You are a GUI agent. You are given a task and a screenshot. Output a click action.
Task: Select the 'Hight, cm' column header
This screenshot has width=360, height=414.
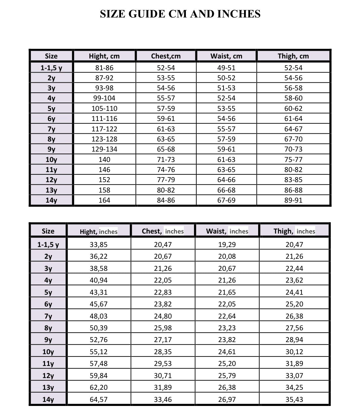(104, 56)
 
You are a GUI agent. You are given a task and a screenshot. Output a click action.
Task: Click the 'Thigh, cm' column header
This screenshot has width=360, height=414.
(293, 56)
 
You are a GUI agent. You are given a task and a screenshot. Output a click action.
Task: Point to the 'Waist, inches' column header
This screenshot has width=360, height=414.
(227, 231)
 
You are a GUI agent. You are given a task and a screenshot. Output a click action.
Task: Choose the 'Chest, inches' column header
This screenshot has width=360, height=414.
(163, 231)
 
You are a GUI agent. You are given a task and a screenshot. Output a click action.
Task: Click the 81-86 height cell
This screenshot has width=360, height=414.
(104, 68)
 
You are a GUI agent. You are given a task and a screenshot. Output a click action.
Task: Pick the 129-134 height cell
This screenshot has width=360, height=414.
(104, 149)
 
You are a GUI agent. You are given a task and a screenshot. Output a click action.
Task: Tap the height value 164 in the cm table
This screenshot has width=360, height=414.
(104, 200)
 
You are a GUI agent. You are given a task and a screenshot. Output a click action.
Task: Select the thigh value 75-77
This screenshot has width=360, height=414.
(293, 160)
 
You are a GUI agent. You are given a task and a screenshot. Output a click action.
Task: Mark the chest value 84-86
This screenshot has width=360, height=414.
(166, 200)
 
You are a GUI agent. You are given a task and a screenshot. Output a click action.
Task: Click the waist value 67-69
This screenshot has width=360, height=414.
(226, 200)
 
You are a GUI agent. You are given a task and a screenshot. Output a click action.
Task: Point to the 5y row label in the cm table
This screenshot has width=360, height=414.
(51, 109)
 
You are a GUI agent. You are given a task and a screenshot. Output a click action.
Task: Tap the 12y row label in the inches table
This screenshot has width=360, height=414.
(48, 376)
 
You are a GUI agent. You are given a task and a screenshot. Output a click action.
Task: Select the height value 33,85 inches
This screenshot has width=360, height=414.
(98, 245)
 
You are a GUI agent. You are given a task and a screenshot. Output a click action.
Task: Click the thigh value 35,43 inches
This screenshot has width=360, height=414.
(294, 400)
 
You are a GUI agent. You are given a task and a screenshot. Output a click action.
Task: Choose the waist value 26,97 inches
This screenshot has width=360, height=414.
(227, 400)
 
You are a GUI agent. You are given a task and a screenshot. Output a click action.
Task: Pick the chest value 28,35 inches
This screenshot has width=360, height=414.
(163, 352)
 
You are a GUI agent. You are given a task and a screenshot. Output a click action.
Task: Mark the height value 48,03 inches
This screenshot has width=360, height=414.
(98, 316)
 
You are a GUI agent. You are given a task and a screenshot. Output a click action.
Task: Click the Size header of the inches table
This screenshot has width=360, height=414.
(48, 231)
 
